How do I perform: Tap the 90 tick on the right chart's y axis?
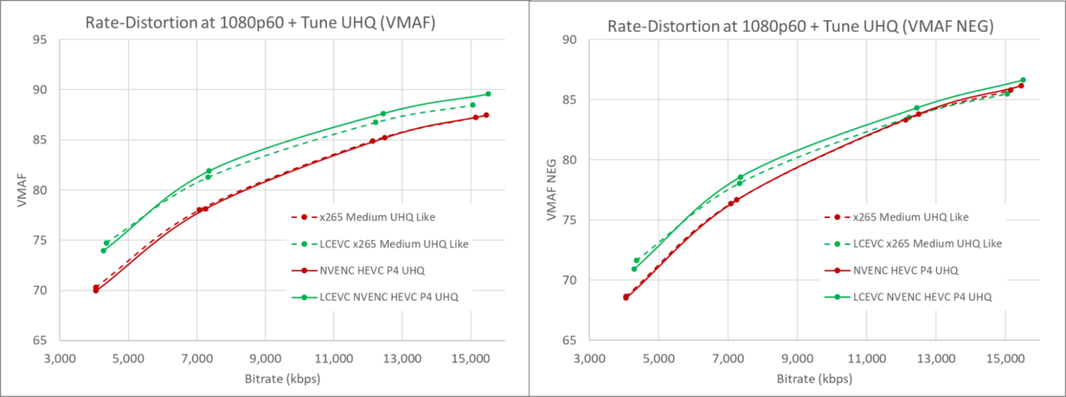[570, 40]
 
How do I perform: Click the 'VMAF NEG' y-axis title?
[552, 189]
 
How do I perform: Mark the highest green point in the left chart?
[488, 94]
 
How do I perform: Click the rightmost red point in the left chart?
[487, 115]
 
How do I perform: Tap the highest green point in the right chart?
[1023, 80]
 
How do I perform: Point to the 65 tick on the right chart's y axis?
[570, 341]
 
